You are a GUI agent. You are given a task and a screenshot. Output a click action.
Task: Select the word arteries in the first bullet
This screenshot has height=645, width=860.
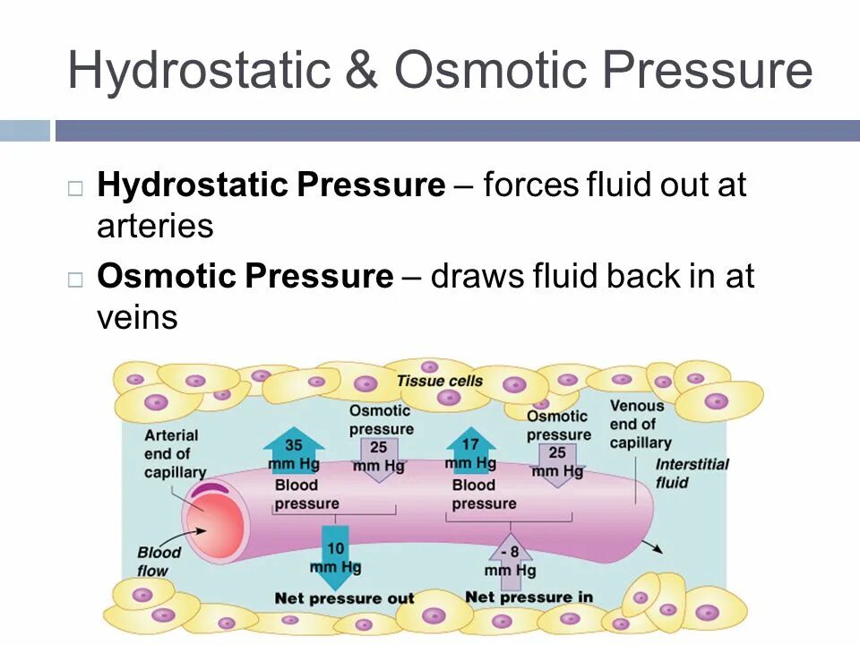tap(155, 226)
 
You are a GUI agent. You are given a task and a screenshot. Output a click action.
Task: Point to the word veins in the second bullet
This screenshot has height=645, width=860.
tap(137, 317)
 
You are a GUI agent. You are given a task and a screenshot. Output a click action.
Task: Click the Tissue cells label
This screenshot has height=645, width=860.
tap(439, 381)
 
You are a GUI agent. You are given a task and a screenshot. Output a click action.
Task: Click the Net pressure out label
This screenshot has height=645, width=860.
tap(344, 598)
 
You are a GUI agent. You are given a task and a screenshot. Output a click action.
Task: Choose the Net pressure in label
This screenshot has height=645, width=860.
tap(529, 597)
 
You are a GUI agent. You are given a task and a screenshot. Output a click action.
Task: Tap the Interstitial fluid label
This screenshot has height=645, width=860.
tap(692, 473)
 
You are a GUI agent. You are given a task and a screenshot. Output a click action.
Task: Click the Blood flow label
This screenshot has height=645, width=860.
tap(159, 561)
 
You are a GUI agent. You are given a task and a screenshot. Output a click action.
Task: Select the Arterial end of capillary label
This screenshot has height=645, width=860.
tap(173, 453)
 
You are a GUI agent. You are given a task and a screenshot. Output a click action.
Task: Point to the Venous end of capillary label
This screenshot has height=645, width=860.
tap(640, 424)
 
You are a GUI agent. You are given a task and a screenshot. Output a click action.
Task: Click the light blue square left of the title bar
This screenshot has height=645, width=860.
tap(24, 131)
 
